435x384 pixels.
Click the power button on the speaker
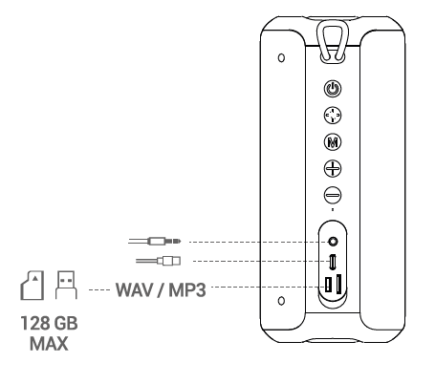(333, 89)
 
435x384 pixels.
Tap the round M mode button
(333, 141)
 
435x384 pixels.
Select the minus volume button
(333, 195)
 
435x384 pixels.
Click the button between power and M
(333, 116)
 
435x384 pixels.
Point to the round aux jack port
(333, 242)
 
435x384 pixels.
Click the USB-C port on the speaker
(333, 262)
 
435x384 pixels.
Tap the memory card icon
(33, 286)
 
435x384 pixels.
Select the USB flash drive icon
(66, 285)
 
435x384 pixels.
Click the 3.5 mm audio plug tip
(178, 242)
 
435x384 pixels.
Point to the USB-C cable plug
(169, 261)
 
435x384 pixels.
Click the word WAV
(134, 289)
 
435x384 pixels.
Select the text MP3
(187, 289)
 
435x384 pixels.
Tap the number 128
(34, 323)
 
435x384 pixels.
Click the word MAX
(49, 344)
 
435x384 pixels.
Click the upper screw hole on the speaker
(281, 58)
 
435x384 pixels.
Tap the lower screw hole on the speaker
(281, 301)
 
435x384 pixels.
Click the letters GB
(65, 323)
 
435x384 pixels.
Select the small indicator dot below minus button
(333, 209)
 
